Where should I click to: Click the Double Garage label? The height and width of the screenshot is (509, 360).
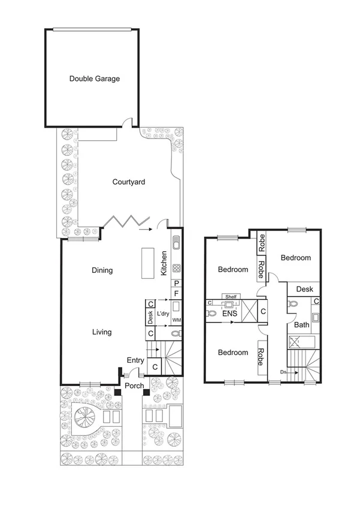tap(95, 79)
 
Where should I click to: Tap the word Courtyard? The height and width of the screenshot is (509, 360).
tap(129, 182)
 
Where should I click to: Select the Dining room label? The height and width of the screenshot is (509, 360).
tap(102, 270)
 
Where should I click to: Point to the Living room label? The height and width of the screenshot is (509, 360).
tap(102, 332)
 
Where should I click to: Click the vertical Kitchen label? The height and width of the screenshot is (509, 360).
tap(164, 264)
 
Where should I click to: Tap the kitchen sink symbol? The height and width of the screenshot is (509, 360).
tap(177, 243)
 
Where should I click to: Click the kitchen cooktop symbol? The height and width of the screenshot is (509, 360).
tap(177, 268)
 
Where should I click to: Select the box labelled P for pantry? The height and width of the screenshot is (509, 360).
tap(177, 284)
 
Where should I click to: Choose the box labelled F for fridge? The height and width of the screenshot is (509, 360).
tap(177, 294)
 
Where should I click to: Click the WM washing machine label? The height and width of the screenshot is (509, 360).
tap(177, 321)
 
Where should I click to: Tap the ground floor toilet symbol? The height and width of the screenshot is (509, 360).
tap(176, 334)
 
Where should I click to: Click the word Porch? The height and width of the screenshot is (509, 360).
tap(134, 385)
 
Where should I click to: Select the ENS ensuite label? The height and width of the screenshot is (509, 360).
tap(229, 313)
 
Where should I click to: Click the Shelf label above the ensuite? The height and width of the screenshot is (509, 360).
tap(231, 296)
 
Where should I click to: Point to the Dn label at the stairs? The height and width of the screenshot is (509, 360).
tap(283, 372)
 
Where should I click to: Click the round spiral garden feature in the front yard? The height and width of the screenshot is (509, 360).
tap(84, 415)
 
